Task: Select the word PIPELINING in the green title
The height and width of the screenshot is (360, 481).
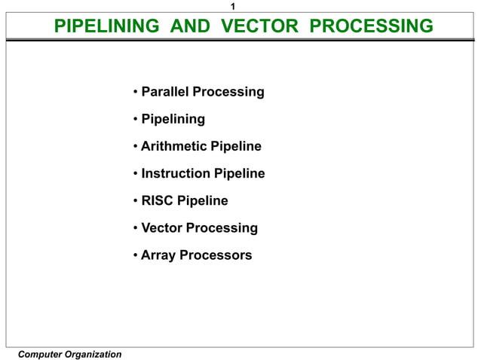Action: pyautogui.click(x=107, y=27)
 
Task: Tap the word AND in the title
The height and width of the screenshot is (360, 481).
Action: pyautogui.click(x=190, y=27)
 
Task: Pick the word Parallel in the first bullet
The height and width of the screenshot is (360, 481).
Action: pyautogui.click(x=165, y=92)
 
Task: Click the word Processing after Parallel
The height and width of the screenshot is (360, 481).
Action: pyautogui.click(x=228, y=92)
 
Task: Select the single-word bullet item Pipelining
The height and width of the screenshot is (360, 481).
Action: pyautogui.click(x=173, y=119)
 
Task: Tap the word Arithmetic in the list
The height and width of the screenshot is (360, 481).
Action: pyautogui.click(x=175, y=146)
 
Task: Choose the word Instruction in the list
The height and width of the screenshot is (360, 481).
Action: pyautogui.click(x=176, y=173)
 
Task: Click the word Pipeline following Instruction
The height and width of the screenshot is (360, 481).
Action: pyautogui.click(x=239, y=173)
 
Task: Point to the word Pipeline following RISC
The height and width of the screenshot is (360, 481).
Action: pyautogui.click(x=202, y=200)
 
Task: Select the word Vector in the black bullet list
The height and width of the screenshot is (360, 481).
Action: pyautogui.click(x=161, y=227)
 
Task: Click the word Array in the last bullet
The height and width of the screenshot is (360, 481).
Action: pyautogui.click(x=158, y=255)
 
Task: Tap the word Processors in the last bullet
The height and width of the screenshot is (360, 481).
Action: pyautogui.click(x=216, y=255)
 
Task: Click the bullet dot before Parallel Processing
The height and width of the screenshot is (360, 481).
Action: pyautogui.click(x=134, y=93)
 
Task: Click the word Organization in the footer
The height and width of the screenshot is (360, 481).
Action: pyautogui.click(x=92, y=354)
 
